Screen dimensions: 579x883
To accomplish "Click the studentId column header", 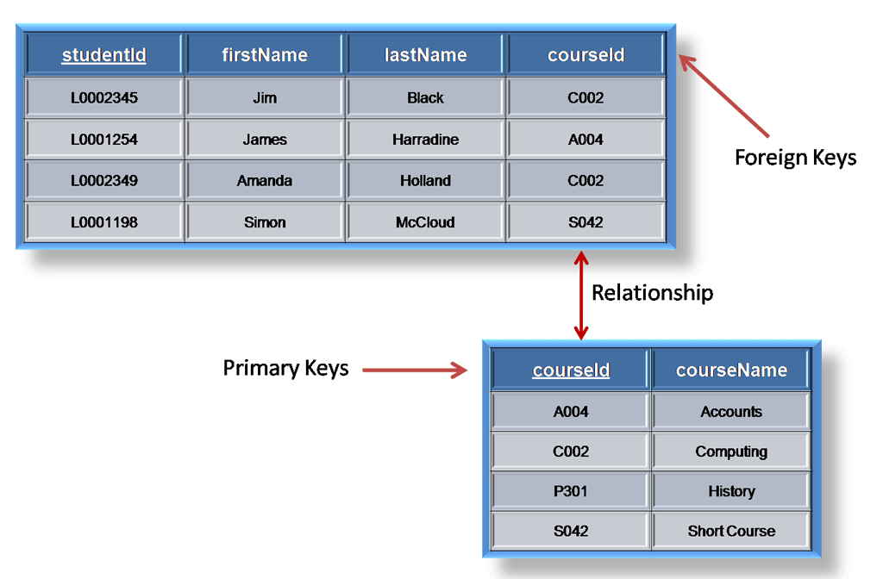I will (103, 55).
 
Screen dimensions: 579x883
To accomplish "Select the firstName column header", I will (265, 55).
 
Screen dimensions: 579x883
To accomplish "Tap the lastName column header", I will (425, 55).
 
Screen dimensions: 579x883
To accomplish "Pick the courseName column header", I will (731, 370).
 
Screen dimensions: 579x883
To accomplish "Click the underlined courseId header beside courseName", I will (571, 370).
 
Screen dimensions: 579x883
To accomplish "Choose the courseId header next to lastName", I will (586, 55).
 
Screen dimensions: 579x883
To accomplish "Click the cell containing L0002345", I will (103, 97).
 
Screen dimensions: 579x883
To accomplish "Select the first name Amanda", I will (265, 181).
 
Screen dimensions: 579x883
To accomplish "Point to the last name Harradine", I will (425, 140).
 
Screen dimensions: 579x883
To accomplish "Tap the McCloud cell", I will (425, 222).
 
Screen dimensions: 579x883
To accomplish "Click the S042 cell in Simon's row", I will (586, 222).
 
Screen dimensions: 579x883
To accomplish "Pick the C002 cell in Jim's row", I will (586, 97).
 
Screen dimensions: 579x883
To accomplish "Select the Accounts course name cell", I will (731, 412).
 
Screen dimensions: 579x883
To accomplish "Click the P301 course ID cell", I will (571, 491).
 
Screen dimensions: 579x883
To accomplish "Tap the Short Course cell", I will (731, 531).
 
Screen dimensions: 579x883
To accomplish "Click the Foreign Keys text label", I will (795, 158).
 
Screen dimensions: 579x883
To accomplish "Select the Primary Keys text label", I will (285, 369).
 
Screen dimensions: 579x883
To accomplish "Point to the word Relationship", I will (652, 293).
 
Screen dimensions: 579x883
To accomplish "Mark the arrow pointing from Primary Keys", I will (414, 370).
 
